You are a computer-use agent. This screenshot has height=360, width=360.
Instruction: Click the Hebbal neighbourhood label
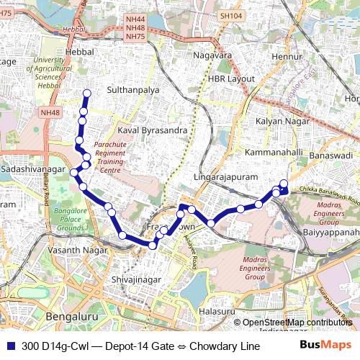(x=79, y=53)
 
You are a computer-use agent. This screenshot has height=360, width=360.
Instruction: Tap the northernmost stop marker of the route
(x=87, y=93)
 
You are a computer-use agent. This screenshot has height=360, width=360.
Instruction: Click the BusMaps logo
(x=325, y=346)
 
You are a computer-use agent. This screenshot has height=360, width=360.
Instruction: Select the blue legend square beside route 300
(x=12, y=346)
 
